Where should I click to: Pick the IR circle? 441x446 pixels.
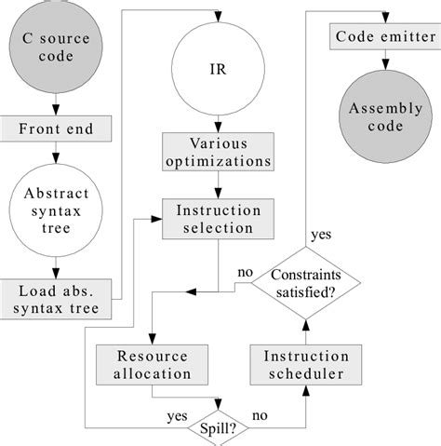coord(218,67)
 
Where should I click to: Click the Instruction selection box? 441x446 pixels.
coord(219,219)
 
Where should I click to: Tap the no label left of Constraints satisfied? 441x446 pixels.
coord(246,273)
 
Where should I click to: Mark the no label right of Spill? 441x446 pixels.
coord(260,417)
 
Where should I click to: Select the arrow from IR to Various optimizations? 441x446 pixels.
coord(218,122)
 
